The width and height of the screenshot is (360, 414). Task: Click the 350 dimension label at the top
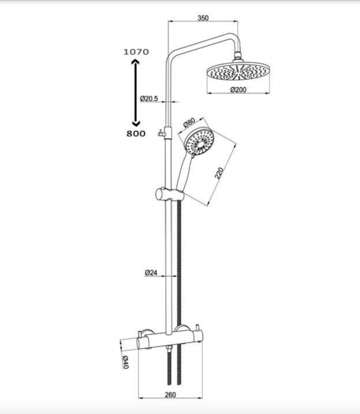pos(203,18)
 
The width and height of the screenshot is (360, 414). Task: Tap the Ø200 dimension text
pos(238,90)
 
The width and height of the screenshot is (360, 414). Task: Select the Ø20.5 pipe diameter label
pos(149,99)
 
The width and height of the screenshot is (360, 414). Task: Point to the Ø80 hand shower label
pos(189,122)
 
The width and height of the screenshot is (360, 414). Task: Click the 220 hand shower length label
pos(219,173)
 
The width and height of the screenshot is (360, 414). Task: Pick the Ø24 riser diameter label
pos(151,272)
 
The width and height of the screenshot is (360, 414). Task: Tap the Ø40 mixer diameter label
pos(125,362)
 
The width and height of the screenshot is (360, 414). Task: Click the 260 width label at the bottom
pos(170,395)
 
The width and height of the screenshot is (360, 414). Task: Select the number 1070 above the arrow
pos(136,52)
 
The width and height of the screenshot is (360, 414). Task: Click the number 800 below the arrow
pos(136,134)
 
